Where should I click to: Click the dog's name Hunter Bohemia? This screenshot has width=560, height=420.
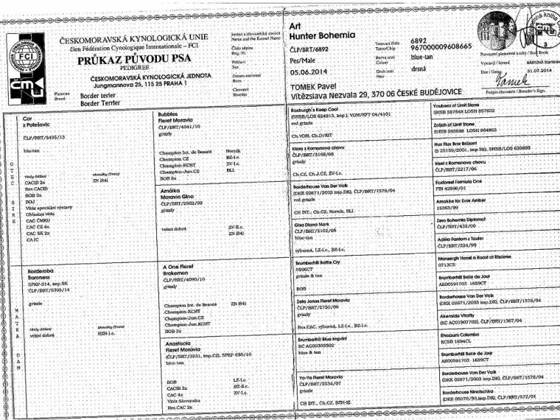tap(323, 35)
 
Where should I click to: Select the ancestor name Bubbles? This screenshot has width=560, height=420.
tap(170, 115)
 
